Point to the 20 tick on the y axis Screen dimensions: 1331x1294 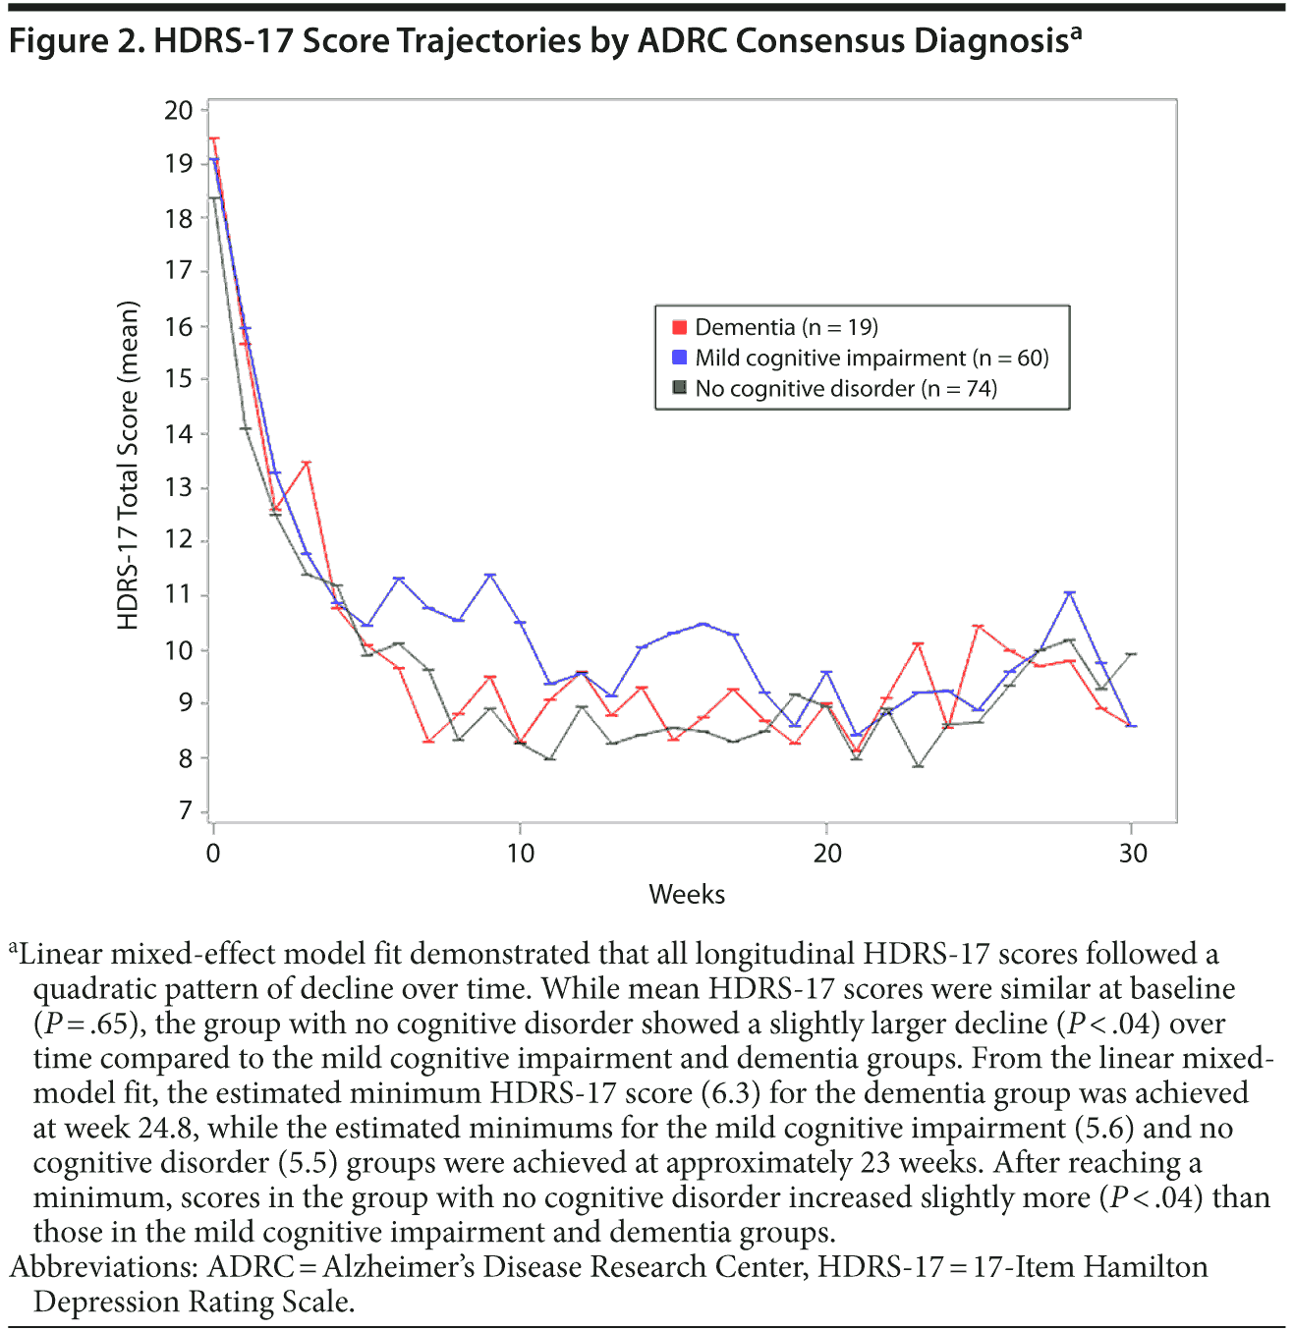(x=179, y=110)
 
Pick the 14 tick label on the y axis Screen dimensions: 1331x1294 (x=179, y=434)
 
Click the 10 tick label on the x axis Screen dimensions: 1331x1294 (x=521, y=853)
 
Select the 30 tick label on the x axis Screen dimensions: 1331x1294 (x=1133, y=853)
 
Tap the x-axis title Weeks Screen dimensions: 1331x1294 (x=687, y=894)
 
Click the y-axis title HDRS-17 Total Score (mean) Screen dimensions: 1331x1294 (x=129, y=465)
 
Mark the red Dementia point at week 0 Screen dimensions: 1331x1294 (x=214, y=139)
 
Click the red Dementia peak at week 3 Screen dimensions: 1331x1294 (x=307, y=463)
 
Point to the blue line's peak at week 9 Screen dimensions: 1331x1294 (x=490, y=575)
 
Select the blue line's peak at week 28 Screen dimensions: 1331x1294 (x=1070, y=592)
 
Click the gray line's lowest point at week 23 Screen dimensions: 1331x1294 (x=918, y=765)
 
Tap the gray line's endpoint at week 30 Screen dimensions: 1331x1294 (x=1132, y=653)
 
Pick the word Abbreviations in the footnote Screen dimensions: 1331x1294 (x=98, y=1267)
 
